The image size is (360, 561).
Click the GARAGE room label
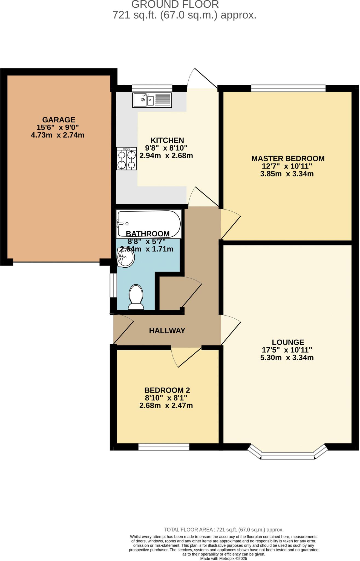pyautogui.click(x=58, y=120)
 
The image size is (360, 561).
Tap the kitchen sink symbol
pyautogui.click(x=152, y=100)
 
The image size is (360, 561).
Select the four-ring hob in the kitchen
pyautogui.click(x=126, y=159)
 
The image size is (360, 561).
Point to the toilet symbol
pyautogui.click(x=136, y=297)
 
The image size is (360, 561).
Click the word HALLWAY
pyautogui.click(x=167, y=331)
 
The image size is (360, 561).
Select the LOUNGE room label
pyautogui.click(x=288, y=342)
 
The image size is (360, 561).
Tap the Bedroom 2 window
pyautogui.click(x=164, y=447)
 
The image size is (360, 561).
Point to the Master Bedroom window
pyautogui.click(x=288, y=88)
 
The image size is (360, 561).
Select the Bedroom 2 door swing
pyautogui.click(x=186, y=356)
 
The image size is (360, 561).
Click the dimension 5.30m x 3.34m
pyautogui.click(x=287, y=357)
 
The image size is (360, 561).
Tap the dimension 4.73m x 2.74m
pyautogui.click(x=58, y=135)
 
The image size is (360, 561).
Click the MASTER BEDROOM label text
pyautogui.click(x=288, y=158)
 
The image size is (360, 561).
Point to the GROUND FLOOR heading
pyautogui.click(x=175, y=4)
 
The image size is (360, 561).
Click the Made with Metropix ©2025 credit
pyautogui.click(x=223, y=558)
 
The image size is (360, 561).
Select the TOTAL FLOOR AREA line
pyautogui.click(x=223, y=530)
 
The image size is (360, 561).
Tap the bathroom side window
pyautogui.click(x=113, y=285)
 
